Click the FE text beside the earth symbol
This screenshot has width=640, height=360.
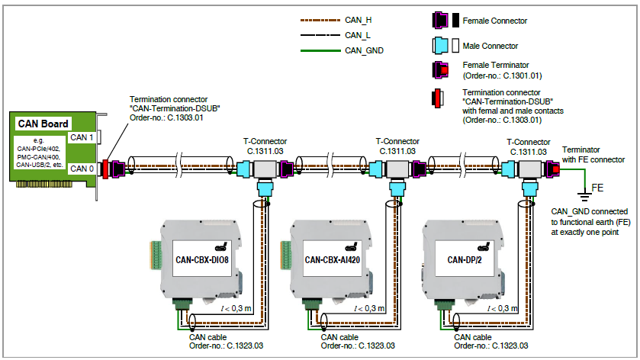598,187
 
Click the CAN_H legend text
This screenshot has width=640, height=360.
358,21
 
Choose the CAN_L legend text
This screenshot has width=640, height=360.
357,35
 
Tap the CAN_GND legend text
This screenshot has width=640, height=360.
363,50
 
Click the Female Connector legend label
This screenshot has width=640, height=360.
495,21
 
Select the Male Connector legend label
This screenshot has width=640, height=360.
490,46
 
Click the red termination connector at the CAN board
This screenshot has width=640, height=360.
106,168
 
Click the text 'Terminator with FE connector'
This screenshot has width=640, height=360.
593,154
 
